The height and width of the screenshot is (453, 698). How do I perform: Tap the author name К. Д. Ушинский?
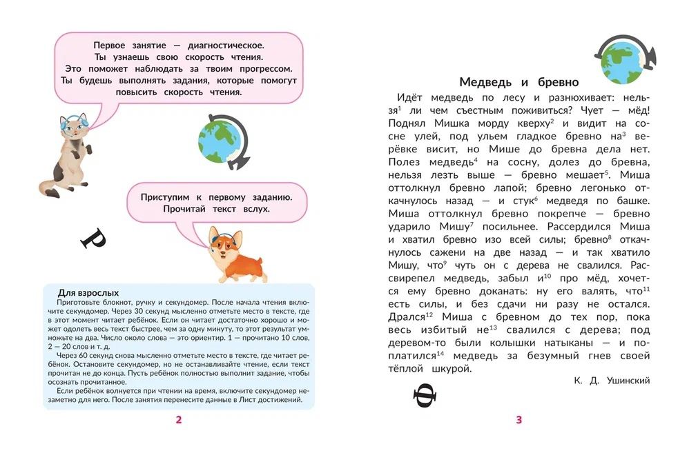612,381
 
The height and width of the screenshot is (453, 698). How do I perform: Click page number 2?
178,420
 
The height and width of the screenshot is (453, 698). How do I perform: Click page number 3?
518,420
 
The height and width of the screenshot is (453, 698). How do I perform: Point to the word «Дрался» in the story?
407,317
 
